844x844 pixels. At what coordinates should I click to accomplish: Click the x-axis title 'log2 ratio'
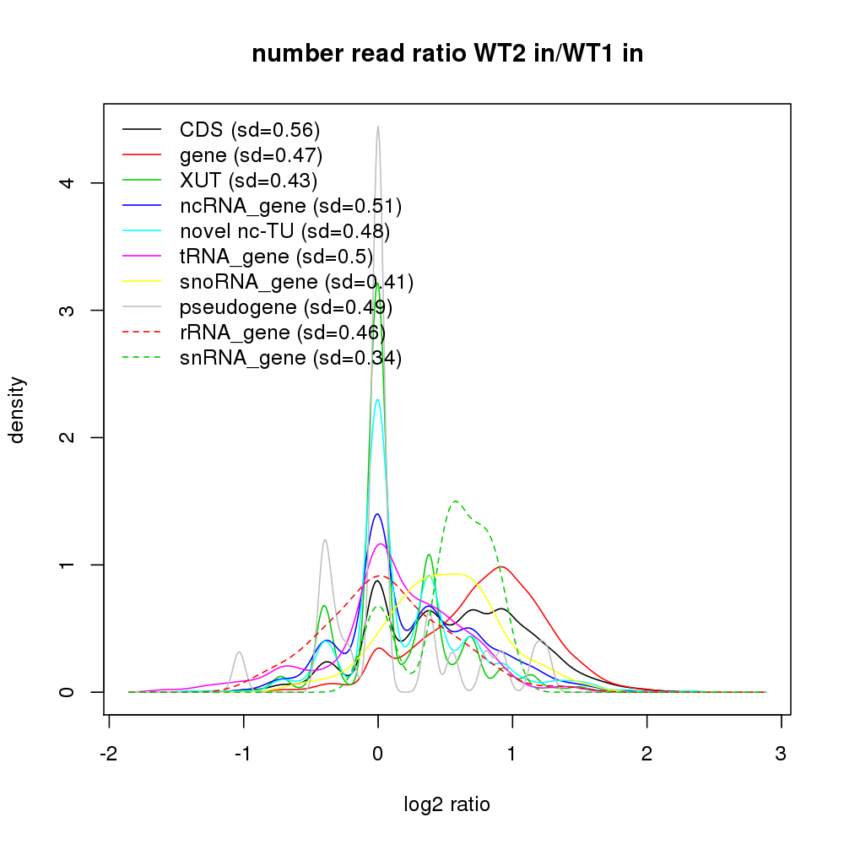(447, 804)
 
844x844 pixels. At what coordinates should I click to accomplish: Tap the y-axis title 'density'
(18, 409)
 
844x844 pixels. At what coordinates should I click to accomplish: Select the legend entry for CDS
(250, 130)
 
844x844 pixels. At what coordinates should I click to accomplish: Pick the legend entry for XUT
(248, 181)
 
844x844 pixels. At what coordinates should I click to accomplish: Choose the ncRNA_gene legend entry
(290, 206)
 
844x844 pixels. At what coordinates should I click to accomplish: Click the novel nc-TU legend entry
(284, 231)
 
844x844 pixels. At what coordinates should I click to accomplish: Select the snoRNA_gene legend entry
(296, 282)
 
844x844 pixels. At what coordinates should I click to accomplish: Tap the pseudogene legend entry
(285, 307)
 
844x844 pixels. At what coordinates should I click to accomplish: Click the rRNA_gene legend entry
(282, 333)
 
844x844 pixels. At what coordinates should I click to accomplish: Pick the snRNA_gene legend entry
(290, 358)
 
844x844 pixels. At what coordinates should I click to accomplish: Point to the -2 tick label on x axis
(109, 754)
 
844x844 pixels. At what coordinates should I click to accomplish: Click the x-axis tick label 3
(781, 754)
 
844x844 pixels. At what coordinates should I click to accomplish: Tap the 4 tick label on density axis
(75, 182)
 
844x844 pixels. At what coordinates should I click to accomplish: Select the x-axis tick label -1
(243, 754)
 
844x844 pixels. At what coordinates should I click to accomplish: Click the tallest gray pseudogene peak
(377, 127)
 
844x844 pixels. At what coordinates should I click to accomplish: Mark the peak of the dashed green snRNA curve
(456, 501)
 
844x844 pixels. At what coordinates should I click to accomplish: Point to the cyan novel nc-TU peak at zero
(378, 400)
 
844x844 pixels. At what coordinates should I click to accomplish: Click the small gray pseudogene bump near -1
(240, 652)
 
